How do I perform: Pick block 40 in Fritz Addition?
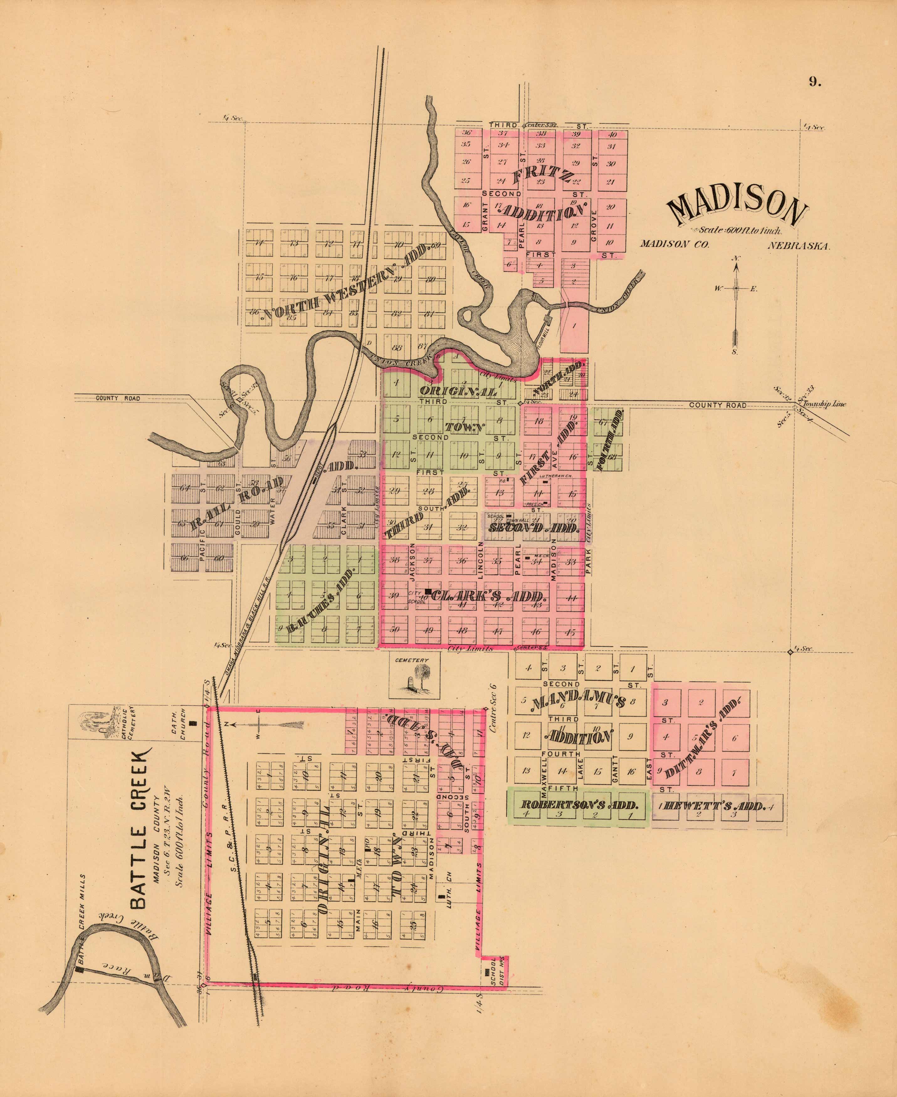[612, 135]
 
